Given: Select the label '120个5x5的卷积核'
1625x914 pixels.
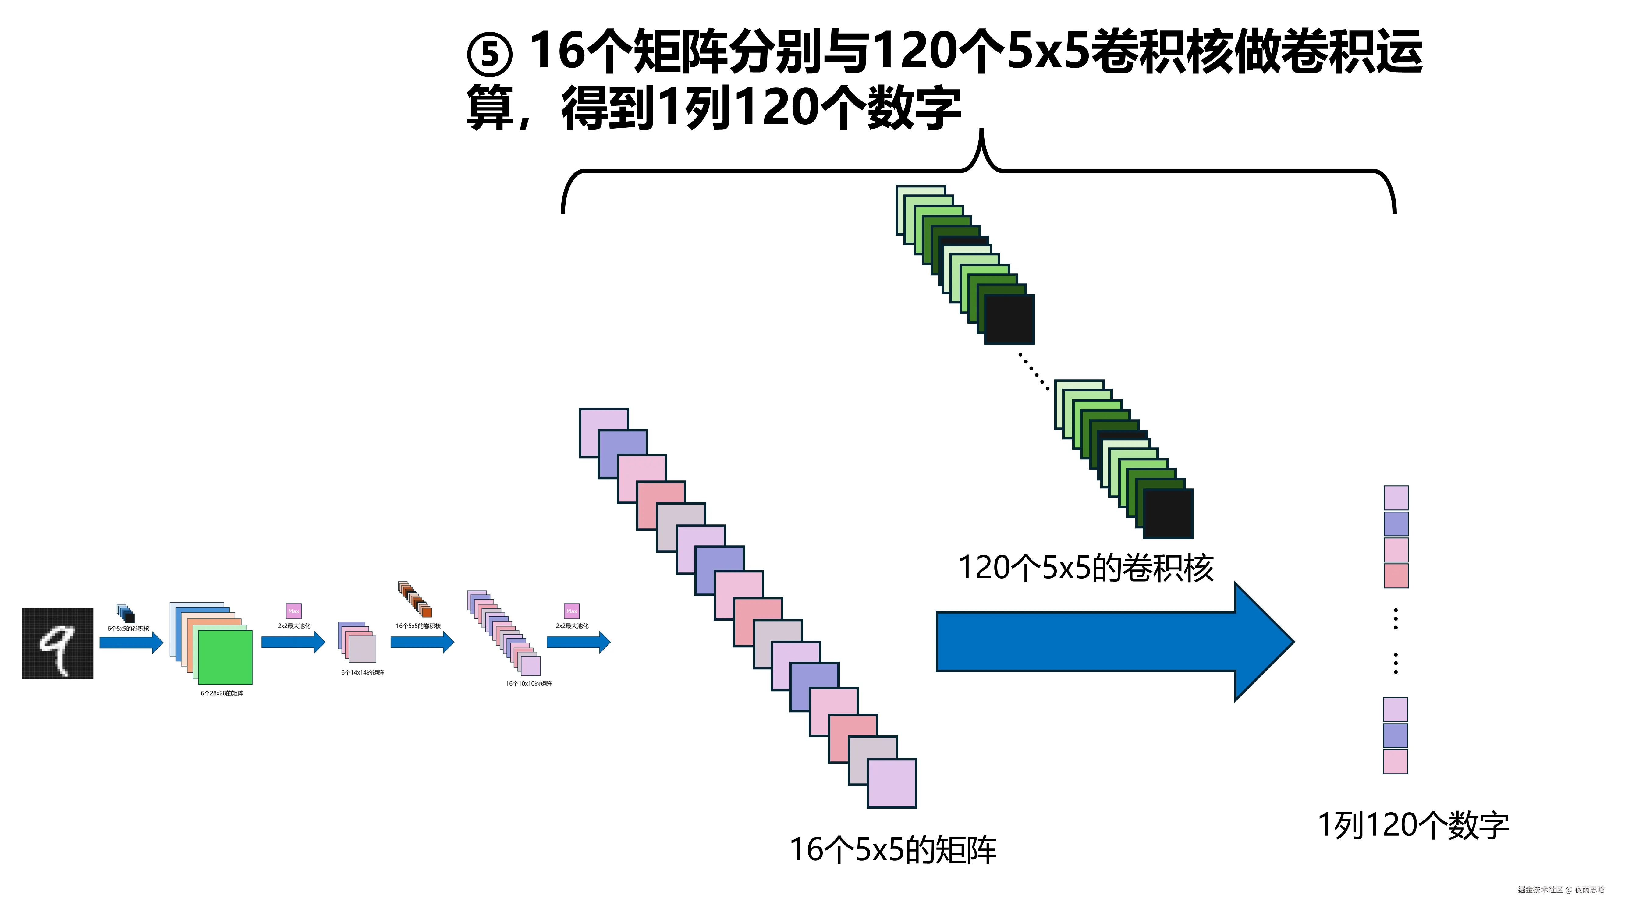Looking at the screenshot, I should (x=1085, y=568).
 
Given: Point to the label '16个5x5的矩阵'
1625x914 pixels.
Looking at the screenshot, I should (x=892, y=850).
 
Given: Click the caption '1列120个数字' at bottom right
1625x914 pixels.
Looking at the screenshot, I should (x=1413, y=825).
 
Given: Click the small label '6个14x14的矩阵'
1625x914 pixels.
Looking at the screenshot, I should (x=363, y=672).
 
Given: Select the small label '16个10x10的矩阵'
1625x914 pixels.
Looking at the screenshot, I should (x=529, y=683).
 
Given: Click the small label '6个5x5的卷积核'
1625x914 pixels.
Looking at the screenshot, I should (x=129, y=628).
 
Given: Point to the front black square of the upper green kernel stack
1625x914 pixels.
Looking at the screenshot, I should (x=1009, y=319).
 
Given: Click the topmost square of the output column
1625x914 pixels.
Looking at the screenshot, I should (x=1395, y=498).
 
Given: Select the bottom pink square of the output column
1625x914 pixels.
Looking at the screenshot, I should (x=1395, y=761).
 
